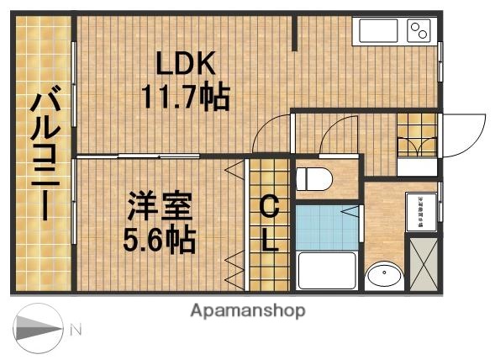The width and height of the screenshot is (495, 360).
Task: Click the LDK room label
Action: click(186, 63)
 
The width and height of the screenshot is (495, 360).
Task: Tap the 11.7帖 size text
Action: click(186, 98)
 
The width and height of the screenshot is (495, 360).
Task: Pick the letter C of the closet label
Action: click(269, 205)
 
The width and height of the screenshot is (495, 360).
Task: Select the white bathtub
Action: click(327, 270)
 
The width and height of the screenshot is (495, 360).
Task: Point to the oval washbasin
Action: click(384, 275)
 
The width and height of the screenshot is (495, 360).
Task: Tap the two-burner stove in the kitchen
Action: click(419, 32)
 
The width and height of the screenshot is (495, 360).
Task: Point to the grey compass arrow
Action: click(38, 331)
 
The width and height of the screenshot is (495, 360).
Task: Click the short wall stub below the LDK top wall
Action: click(296, 33)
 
